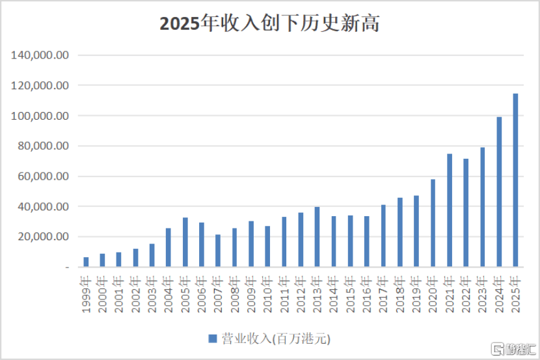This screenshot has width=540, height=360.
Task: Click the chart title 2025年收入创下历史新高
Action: [x=269, y=23]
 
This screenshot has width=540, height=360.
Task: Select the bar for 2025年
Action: [x=515, y=180]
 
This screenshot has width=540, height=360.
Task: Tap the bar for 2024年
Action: [x=499, y=192]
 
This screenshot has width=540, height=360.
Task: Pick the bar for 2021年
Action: [x=450, y=210]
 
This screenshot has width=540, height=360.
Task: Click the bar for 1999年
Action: [x=86, y=262]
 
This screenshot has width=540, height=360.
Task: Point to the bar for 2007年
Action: [x=218, y=251]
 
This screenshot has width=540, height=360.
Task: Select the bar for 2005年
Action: [x=185, y=242]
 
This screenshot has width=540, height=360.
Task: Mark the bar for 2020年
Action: [x=433, y=223]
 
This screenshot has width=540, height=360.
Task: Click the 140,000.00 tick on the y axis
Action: [x=40, y=55]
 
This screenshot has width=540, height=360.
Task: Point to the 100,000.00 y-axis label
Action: [x=40, y=116]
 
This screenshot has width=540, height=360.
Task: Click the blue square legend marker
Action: [x=212, y=339]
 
